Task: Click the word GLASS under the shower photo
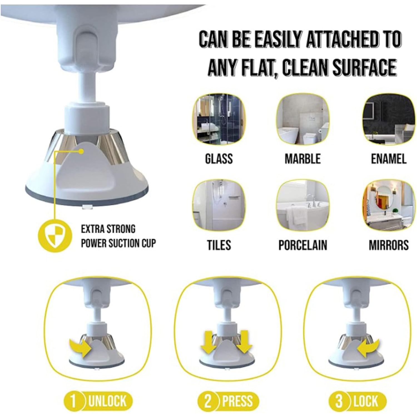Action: coord(219,159)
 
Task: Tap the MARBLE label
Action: coord(303,159)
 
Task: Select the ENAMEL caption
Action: coord(389,159)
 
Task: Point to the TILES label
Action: coord(219,245)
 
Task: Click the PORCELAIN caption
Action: coord(303,245)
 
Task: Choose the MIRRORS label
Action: coord(389,245)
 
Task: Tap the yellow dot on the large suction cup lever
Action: coord(81,152)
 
